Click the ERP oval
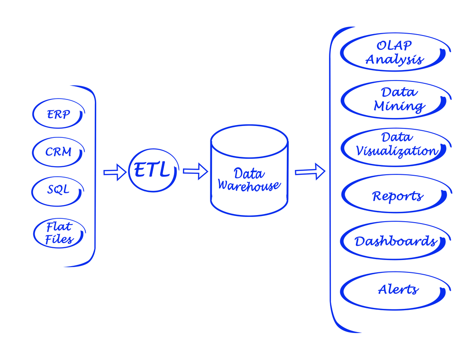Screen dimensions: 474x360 (33, 114)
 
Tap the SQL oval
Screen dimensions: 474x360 (32, 191)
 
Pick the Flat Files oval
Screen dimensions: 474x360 (34, 233)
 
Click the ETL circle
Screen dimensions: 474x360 (129, 171)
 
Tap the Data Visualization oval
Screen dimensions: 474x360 (342, 148)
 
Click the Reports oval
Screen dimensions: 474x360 (343, 194)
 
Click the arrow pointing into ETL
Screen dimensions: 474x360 (115, 172)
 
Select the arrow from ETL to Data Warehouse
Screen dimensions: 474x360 (195, 171)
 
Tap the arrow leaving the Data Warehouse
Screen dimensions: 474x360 (310, 171)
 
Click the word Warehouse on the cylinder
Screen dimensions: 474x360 (249, 185)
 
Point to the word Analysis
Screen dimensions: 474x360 (394, 60)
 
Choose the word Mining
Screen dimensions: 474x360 (399, 106)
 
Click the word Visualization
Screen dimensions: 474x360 (397, 151)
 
